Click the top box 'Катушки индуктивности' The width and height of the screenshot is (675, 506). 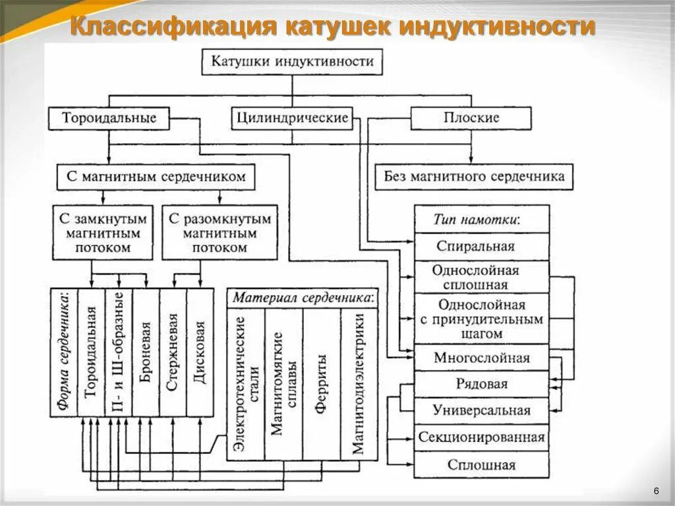point(292,62)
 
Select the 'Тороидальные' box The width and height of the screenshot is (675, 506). point(109,119)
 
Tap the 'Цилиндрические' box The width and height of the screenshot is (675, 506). point(291,119)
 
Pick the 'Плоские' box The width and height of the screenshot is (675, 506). point(471,119)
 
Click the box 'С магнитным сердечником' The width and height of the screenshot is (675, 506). point(156,177)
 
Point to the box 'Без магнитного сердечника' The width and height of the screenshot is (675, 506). point(474,177)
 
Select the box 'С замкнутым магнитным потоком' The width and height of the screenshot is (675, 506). point(102,233)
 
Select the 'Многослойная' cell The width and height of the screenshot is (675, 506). point(481,358)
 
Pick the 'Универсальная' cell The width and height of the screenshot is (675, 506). point(481,410)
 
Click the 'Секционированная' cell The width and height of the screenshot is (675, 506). point(481,437)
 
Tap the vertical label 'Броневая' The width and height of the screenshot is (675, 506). point(146,353)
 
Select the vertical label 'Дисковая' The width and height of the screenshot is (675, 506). point(200,353)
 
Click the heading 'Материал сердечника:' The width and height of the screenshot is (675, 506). point(303,298)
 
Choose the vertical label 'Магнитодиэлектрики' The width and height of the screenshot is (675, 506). point(359,383)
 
